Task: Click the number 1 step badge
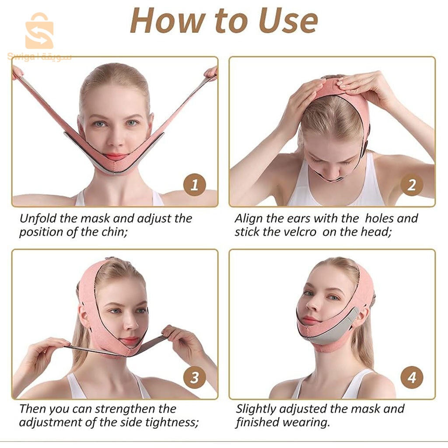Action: [195, 185]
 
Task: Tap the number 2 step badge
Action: [412, 185]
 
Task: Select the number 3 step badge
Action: [195, 378]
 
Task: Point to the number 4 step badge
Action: [412, 378]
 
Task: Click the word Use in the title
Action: [288, 21]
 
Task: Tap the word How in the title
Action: [168, 21]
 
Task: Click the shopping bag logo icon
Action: [39, 31]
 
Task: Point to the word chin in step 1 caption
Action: [114, 232]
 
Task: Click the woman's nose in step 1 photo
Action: [116, 138]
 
